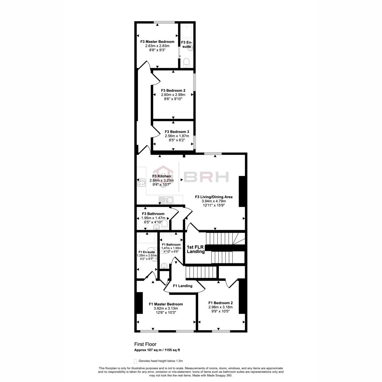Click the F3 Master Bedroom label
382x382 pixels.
157,42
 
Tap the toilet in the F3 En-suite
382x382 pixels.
187,63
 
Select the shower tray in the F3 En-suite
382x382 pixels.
187,32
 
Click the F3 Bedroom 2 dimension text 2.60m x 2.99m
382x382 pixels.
173,95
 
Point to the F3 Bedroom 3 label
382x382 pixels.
177,131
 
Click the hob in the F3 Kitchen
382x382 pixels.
141,183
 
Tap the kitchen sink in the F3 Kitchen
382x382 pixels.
166,200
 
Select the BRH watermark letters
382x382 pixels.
206,177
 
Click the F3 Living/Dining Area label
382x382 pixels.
214,197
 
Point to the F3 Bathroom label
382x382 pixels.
153,214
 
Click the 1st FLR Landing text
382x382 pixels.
196,249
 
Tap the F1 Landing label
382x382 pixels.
183,286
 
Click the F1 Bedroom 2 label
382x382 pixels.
220,303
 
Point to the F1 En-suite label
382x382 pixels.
146,252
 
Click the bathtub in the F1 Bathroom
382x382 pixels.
171,238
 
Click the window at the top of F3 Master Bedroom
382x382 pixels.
164,22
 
